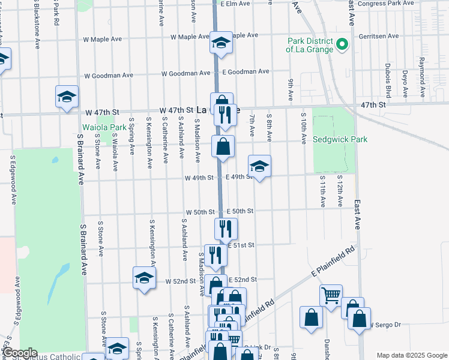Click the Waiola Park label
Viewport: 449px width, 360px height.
pyautogui.click(x=104, y=127)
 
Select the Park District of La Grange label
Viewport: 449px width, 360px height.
pyautogui.click(x=310, y=45)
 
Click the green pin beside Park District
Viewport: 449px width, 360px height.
pyautogui.click(x=342, y=44)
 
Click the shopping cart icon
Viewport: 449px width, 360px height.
pyautogui.click(x=330, y=295)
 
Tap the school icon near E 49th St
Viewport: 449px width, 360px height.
pyautogui.click(x=259, y=166)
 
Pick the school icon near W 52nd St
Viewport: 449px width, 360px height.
pyautogui.click(x=144, y=277)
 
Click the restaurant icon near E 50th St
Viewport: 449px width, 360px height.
pyautogui.click(x=226, y=229)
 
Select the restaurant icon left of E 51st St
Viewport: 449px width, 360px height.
pyautogui.click(x=215, y=255)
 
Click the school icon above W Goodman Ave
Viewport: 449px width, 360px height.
pyautogui.click(x=67, y=97)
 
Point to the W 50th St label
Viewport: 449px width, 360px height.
pyautogui.click(x=200, y=212)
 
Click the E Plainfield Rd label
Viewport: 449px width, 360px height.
pyautogui.click(x=333, y=261)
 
